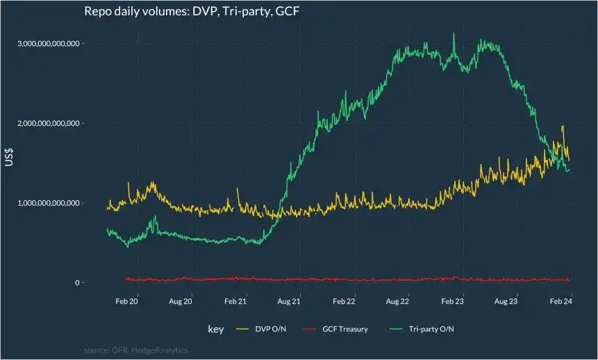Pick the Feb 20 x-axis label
tap(127, 302)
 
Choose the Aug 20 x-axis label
tap(181, 302)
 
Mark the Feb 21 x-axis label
tap(235, 302)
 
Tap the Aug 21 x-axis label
tap(289, 302)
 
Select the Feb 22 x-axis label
tap(344, 302)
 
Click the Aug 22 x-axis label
tap(397, 302)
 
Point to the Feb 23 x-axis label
tap(452, 302)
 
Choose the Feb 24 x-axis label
tap(560, 302)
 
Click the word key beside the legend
tap(216, 329)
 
